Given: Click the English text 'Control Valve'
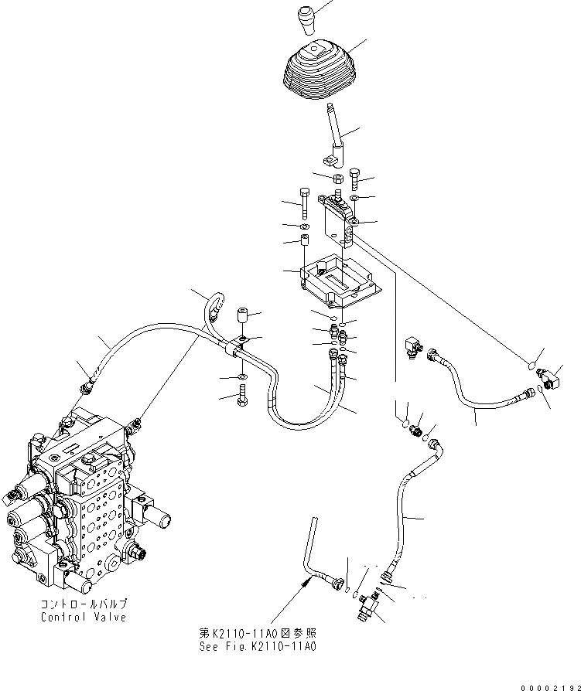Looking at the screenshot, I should [84, 618].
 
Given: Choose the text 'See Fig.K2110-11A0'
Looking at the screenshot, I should [258, 646].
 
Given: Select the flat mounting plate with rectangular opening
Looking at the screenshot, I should [340, 280].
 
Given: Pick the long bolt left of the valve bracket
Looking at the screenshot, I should [306, 203].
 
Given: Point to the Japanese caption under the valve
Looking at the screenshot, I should [84, 605].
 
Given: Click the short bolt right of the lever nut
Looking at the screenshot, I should [356, 179].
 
